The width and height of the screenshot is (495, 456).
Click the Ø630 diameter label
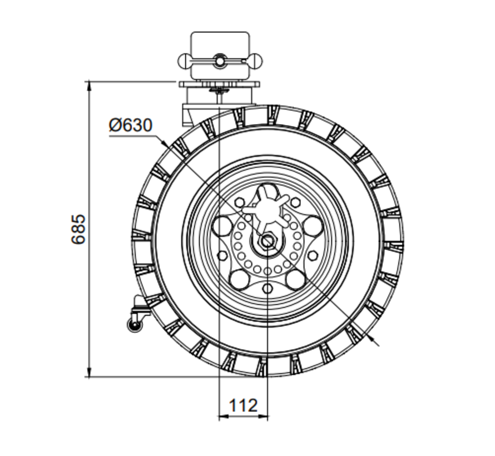pos(130,125)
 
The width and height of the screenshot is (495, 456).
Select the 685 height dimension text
pos(80,229)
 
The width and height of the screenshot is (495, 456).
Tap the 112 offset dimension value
pos(243,405)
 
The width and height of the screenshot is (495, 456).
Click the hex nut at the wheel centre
pos(268,240)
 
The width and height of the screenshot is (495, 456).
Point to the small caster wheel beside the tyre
pos(135,325)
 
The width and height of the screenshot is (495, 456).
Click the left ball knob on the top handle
pos(184,60)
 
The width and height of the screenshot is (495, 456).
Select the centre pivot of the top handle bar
pos(219,60)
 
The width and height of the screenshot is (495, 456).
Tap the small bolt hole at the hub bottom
pos(268,288)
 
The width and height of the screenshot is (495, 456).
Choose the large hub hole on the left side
pos(222,226)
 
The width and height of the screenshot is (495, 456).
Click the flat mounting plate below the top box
pos(219,84)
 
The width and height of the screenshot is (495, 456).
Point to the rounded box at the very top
pos(219,43)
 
